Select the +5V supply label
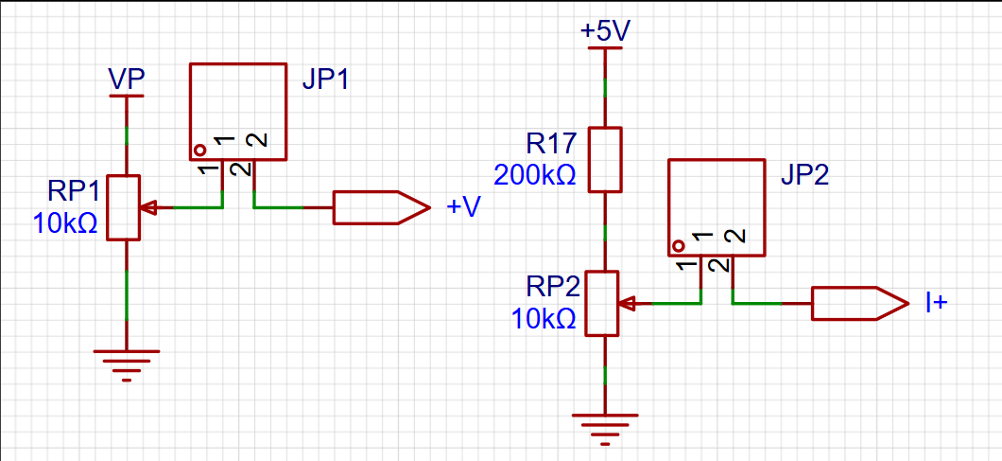605,31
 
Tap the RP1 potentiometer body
123,207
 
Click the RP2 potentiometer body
602,303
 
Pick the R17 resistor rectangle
605,159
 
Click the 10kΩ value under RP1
64,223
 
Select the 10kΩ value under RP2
544,318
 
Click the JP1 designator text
325,80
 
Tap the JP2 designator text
804,175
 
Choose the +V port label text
462,207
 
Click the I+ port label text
936,303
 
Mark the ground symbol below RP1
127,365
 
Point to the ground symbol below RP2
605,429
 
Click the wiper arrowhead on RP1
148,207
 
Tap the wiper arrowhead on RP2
627,303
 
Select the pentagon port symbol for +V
382,207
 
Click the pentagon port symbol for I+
859,303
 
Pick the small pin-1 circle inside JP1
200,151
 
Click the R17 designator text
551,145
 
